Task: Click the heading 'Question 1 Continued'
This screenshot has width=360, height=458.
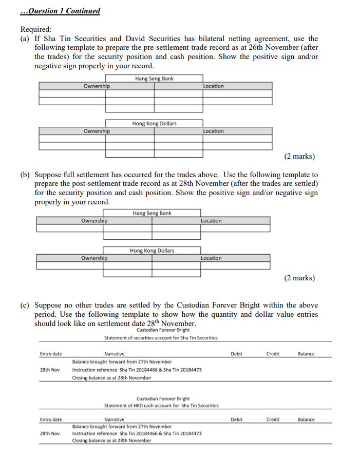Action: click(61, 11)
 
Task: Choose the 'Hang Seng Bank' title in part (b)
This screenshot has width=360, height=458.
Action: click(152, 213)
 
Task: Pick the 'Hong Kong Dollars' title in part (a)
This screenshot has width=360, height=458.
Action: click(154, 123)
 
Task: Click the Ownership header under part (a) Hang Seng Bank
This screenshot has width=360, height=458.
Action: click(97, 86)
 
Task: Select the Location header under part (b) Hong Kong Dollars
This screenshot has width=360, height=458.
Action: click(211, 258)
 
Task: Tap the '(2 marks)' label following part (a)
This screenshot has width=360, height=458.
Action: click(299, 156)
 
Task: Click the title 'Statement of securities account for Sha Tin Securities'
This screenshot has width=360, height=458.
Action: click(161, 338)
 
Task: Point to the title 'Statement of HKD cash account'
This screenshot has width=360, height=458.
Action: click(161, 406)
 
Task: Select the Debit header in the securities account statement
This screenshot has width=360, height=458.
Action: click(236, 354)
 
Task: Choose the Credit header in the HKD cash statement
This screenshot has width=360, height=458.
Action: click(273, 419)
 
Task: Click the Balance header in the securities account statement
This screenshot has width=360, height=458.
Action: click(306, 354)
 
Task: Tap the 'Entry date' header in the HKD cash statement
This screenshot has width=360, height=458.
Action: click(51, 419)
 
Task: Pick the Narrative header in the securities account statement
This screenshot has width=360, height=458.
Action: click(114, 354)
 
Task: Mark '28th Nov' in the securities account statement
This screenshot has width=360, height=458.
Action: click(50, 370)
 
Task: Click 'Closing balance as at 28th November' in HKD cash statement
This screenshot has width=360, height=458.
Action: click(111, 441)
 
